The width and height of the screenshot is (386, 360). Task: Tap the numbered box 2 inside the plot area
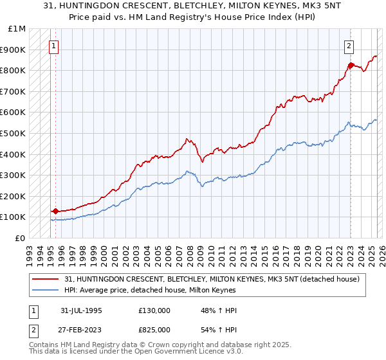coord(349,46)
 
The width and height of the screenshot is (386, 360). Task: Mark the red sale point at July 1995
coord(55,210)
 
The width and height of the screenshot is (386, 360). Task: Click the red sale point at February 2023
coord(351,65)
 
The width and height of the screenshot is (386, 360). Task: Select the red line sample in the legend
coord(45,278)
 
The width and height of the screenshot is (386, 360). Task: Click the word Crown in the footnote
coord(152,345)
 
